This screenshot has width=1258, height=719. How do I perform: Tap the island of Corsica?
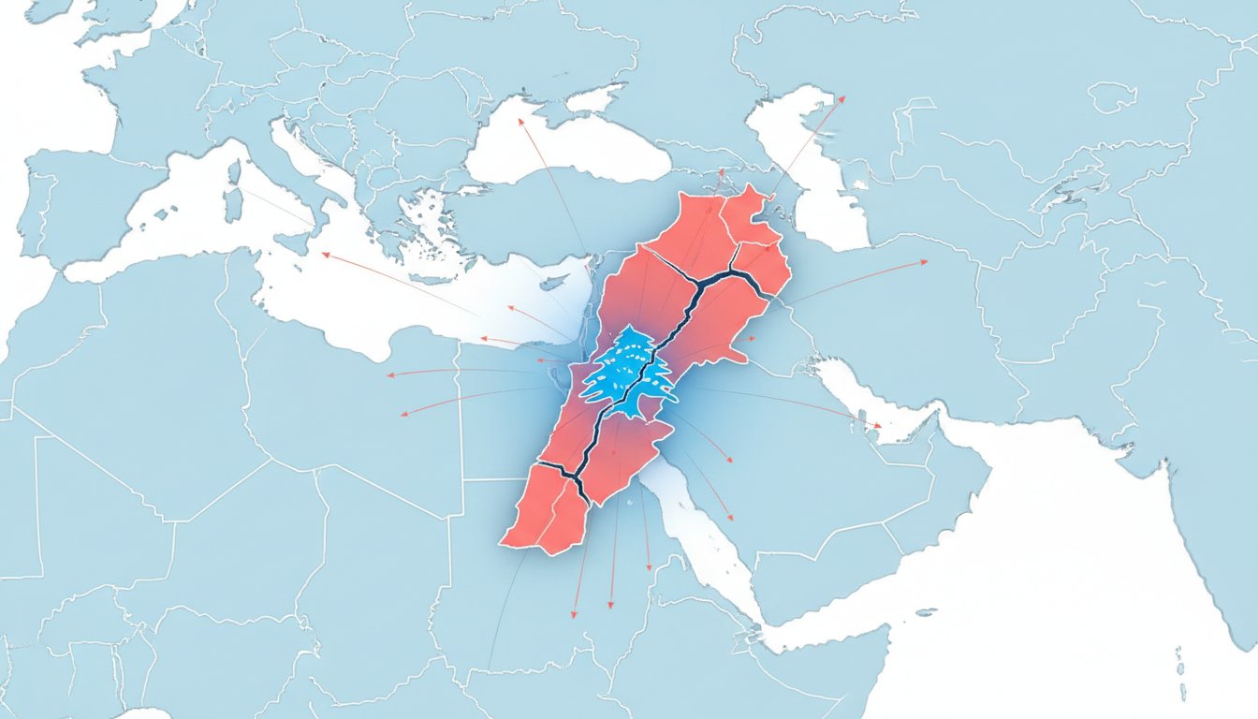coord(235,172)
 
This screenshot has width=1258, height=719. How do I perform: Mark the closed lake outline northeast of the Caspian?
coord(1111,96)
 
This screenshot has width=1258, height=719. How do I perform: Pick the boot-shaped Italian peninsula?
coord(300,164)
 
